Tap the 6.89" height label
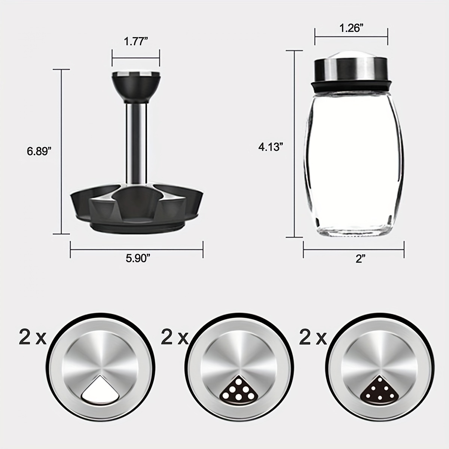pyautogui.click(x=39, y=151)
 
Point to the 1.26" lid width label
pyautogui.click(x=351, y=29)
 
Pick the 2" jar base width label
pyautogui.click(x=360, y=259)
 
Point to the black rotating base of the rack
pyautogui.click(x=137, y=210)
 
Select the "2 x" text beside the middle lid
pyautogui.click(x=174, y=337)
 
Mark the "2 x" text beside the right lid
pyautogui.click(x=313, y=337)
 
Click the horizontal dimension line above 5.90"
pyautogui.click(x=137, y=250)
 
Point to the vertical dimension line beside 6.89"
pyautogui.click(x=61, y=152)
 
